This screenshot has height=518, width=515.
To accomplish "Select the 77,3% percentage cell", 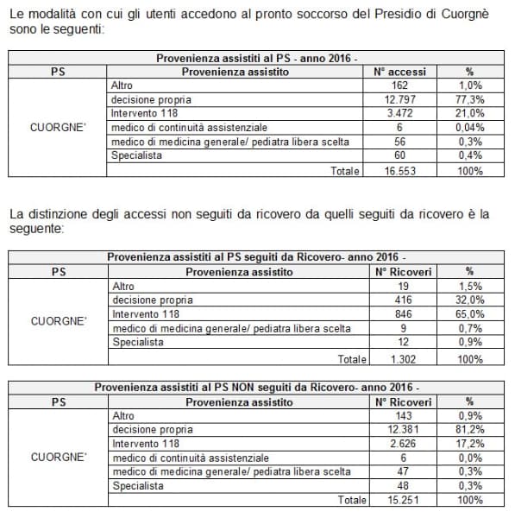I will click(x=469, y=99).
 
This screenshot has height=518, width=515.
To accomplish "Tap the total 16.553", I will click(x=398, y=171).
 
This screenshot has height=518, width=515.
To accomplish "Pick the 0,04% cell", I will click(x=469, y=128).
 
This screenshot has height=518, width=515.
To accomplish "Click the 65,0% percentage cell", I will click(x=469, y=314).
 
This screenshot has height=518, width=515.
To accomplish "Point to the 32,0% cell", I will click(x=469, y=300).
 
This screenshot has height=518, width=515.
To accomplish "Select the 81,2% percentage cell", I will click(x=469, y=429).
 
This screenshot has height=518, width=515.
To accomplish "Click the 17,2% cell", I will click(x=469, y=443).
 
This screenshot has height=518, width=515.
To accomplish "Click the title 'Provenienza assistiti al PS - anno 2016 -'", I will click(x=256, y=58).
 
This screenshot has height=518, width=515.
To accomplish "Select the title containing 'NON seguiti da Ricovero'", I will click(x=256, y=387).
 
